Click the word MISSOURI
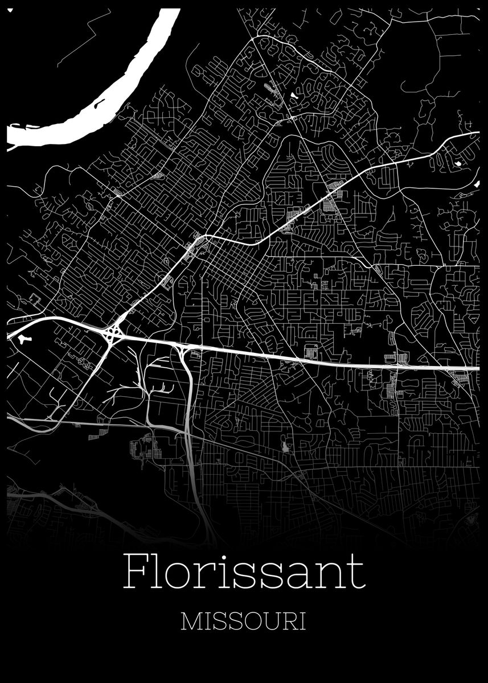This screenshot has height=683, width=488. click(x=243, y=621)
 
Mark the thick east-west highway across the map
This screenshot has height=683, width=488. click(x=319, y=359)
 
